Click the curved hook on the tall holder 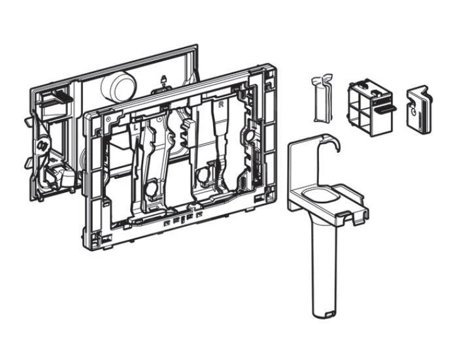point(334,143)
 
